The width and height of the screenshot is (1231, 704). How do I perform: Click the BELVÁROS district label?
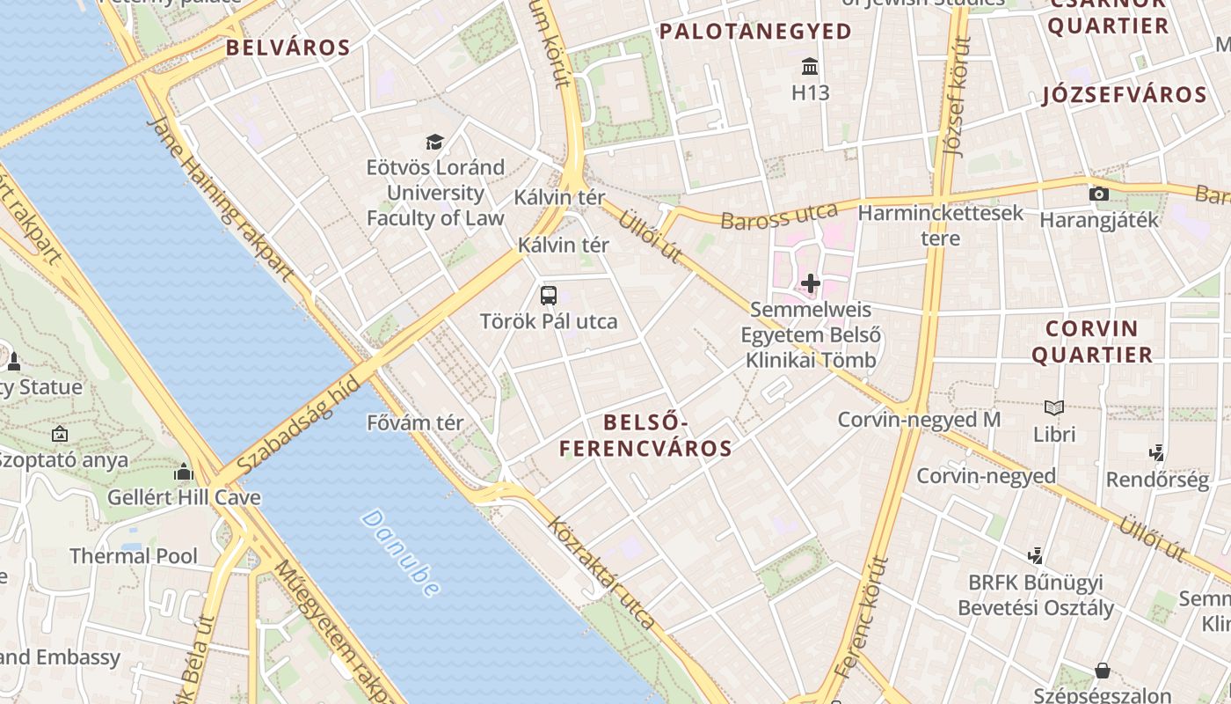(288, 48)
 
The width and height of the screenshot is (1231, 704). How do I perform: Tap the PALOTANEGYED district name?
(755, 32)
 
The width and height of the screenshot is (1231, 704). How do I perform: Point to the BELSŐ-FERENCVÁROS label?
(645, 436)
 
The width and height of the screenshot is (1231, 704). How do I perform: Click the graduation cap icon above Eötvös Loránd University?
(434, 142)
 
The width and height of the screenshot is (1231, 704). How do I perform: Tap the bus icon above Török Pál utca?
(549, 296)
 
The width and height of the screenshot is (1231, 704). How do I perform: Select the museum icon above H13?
(810, 67)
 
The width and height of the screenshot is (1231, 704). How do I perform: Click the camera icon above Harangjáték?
(1098, 194)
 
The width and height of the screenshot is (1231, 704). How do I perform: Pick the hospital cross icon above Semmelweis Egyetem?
(810, 283)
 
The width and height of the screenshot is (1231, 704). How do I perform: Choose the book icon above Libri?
(1054, 408)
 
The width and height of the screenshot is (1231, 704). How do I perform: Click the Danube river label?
(401, 554)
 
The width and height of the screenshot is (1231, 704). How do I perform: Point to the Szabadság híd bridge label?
(299, 424)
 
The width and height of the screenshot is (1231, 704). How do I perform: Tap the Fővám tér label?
(415, 422)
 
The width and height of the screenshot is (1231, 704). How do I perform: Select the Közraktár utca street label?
(601, 573)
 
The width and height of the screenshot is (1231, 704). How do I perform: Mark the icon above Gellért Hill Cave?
(184, 473)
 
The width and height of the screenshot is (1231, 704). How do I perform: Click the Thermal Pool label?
(134, 556)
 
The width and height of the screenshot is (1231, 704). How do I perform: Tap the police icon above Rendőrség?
(1157, 453)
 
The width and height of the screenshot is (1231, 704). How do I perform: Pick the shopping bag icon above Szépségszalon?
(1102, 671)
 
